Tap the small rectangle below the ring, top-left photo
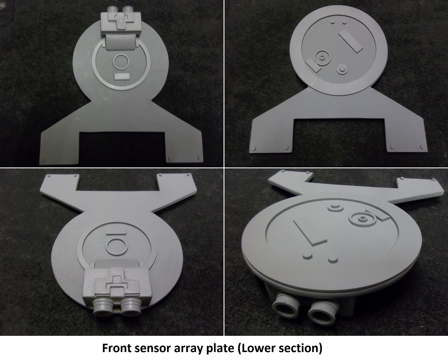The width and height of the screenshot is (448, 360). click(x=122, y=76)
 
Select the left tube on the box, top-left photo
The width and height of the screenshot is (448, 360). click(x=112, y=9)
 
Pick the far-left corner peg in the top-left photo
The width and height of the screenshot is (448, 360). click(x=43, y=161)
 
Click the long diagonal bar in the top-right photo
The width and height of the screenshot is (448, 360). click(x=350, y=42)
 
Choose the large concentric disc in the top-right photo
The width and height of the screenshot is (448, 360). click(x=322, y=58)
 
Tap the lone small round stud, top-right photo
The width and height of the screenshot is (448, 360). click(x=341, y=69)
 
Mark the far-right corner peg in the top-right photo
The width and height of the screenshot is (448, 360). click(x=422, y=147)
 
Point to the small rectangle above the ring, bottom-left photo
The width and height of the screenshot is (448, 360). click(x=116, y=231)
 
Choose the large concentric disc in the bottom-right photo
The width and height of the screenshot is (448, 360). click(x=362, y=219)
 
